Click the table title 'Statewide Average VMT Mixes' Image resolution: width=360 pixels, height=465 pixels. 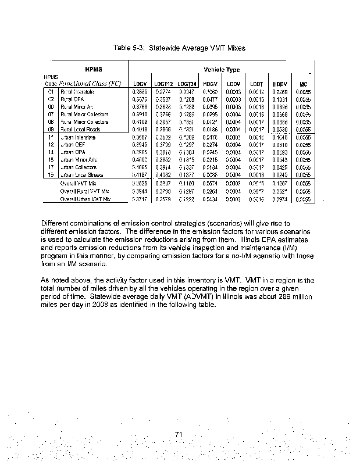click(x=197, y=48)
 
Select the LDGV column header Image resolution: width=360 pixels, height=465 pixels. click(x=140, y=84)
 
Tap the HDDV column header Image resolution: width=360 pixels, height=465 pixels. click(x=278, y=84)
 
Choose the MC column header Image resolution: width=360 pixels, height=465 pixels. click(x=303, y=84)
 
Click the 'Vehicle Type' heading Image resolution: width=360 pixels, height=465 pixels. click(x=222, y=70)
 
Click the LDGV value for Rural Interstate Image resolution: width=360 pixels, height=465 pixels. click(x=140, y=92)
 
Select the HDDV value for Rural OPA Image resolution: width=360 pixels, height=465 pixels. click(x=278, y=99)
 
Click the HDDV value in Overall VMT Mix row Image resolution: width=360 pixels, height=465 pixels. click(x=278, y=183)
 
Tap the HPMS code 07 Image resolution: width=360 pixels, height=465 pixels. click(x=51, y=115)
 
